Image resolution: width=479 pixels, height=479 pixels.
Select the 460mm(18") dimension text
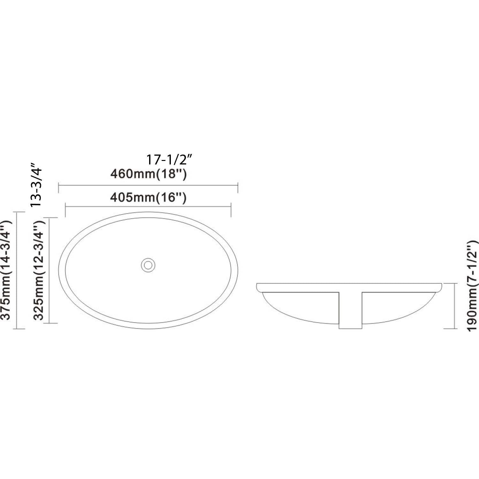coord(148,174)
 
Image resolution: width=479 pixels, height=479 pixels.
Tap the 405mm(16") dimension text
coord(148,198)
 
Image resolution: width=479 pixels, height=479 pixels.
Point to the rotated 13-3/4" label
coord(36,185)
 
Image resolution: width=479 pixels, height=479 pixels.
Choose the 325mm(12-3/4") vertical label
coord(40,270)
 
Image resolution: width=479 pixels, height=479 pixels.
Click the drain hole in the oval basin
coord(148,265)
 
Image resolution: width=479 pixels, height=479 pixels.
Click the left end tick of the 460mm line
coord(59,188)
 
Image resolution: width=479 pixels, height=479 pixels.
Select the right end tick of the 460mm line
coord(238,188)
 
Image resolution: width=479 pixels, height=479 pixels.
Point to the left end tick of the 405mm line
coord(65,211)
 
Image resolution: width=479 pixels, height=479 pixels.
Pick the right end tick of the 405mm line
coord(231,211)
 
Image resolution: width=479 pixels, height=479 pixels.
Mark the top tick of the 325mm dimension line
coord(50,218)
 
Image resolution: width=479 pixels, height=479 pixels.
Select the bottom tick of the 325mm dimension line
coord(50,323)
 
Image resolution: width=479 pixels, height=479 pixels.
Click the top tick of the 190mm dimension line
coord(450,283)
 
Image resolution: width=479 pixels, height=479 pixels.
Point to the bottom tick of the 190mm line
coord(450,329)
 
